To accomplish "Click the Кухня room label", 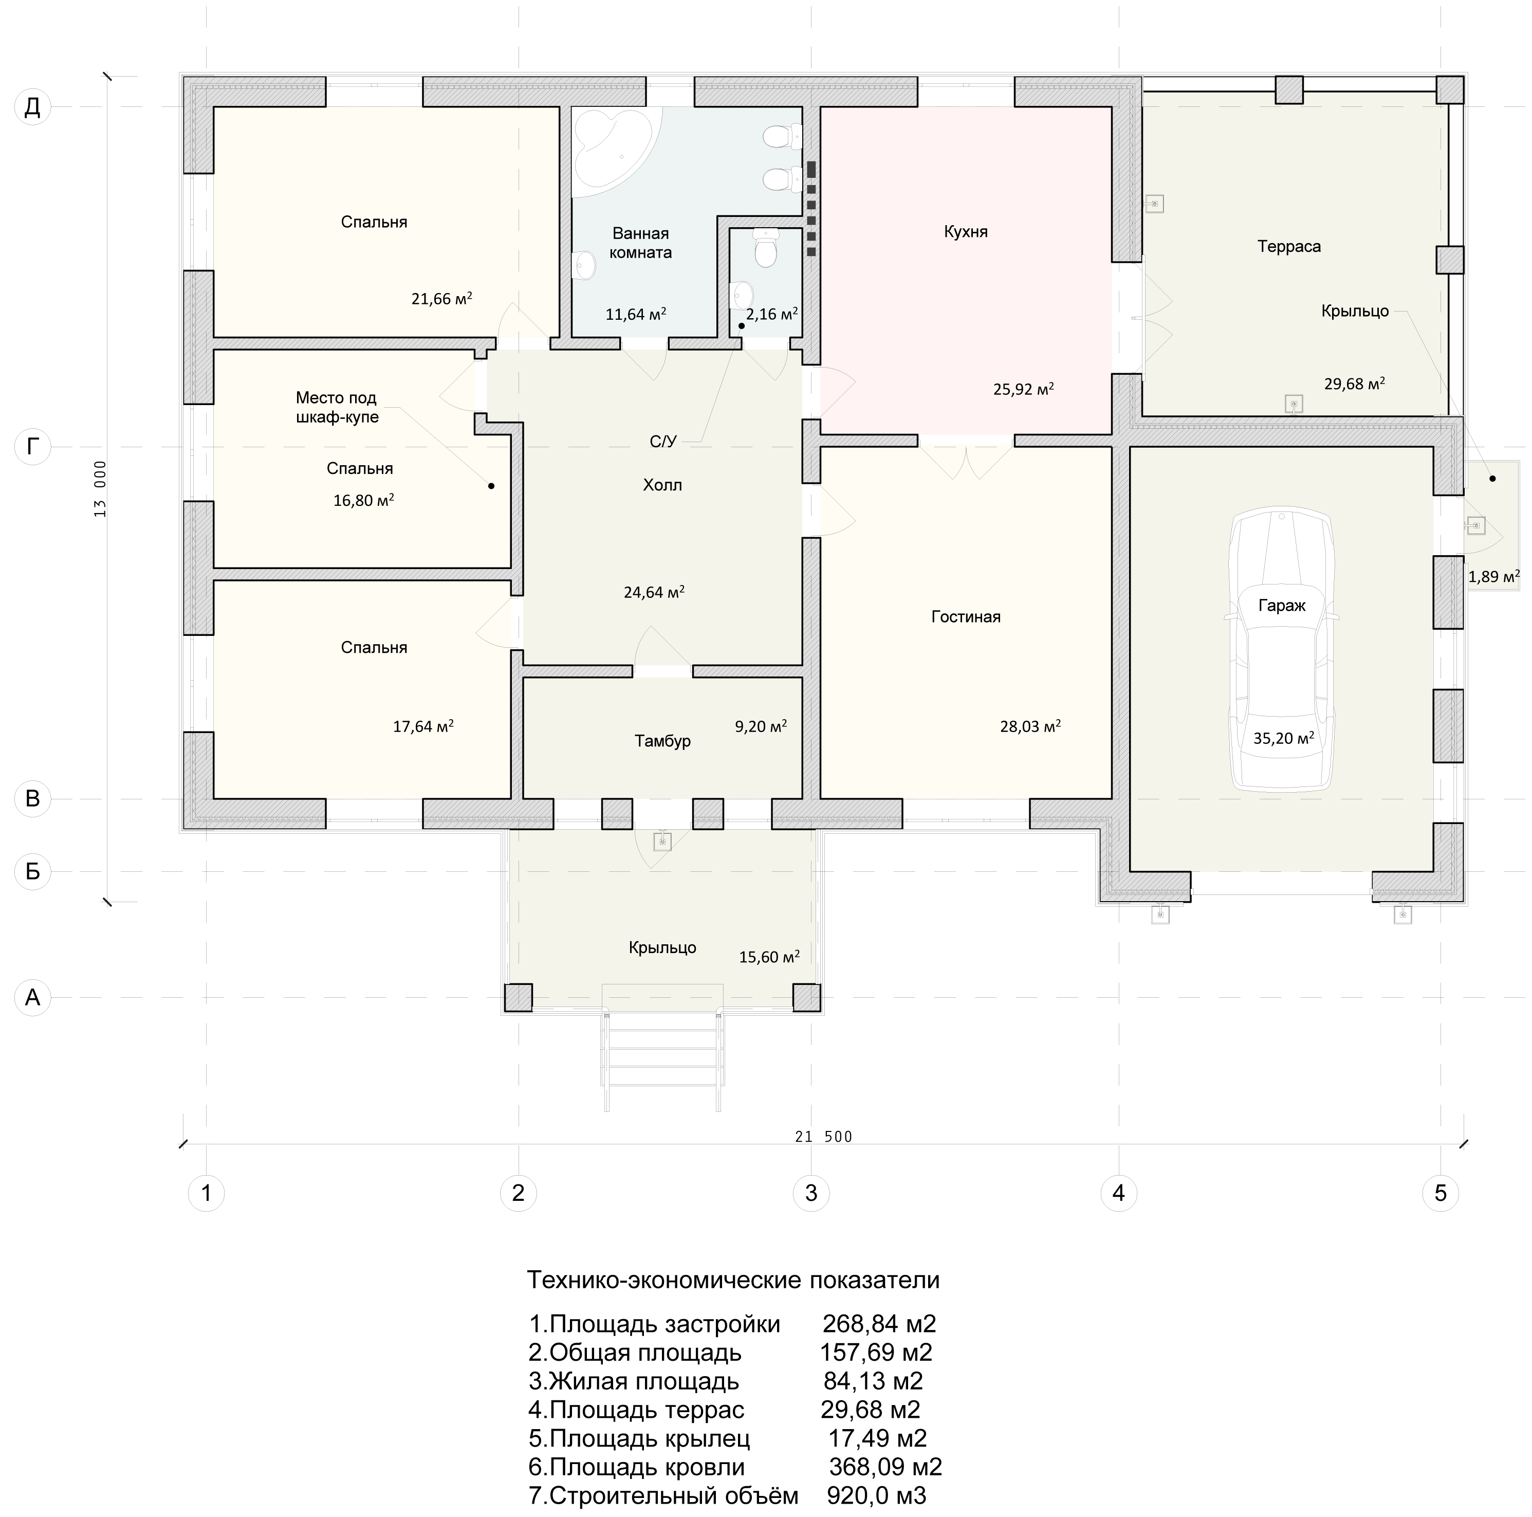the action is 966,231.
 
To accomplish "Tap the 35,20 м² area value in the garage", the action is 1284,738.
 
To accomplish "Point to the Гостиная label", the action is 966,616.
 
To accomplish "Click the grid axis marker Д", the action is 32,106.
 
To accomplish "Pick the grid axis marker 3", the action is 811,1193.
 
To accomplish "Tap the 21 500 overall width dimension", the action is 823,1137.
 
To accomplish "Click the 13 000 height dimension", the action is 100,488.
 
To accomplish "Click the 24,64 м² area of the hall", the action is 654,592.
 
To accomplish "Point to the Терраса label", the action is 1288,247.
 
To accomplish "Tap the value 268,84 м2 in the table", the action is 879,1324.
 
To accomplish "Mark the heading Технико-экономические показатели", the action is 733,1280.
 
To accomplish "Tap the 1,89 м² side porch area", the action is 1494,576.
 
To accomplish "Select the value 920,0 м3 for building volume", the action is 876,1495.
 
